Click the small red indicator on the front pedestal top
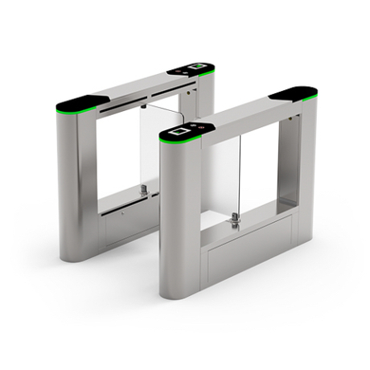[x=202, y=126]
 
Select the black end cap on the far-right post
[x=294, y=93]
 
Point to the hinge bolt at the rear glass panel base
[x=143, y=191]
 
